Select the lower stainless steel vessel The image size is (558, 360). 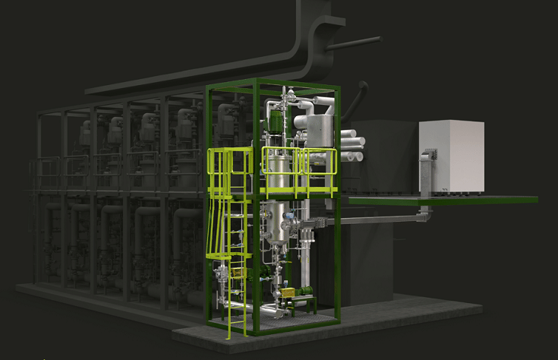tap(274, 220)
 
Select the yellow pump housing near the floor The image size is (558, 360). tap(288, 292)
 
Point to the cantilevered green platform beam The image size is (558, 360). tap(440, 201)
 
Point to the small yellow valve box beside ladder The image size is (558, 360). tap(240, 272)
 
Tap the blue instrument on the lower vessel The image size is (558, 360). tap(291, 225)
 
